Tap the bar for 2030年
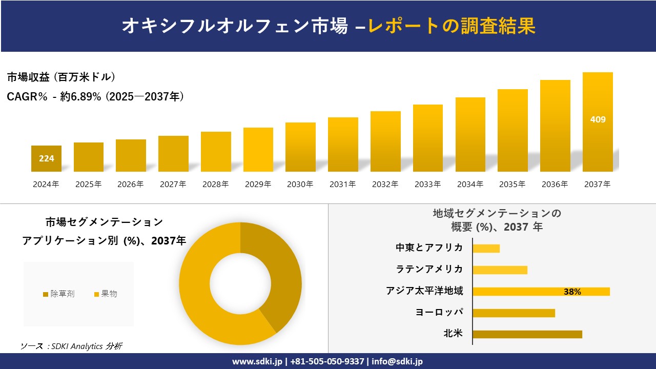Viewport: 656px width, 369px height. pos(300,147)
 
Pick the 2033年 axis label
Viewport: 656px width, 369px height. pos(427,184)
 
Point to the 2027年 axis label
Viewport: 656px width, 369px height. pos(173,184)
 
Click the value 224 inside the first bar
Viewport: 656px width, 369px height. pos(46,158)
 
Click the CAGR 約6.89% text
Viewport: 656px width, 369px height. pos(95,96)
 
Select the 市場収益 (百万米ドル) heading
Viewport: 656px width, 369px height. pos(61,77)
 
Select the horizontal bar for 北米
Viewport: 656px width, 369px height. pos(527,334)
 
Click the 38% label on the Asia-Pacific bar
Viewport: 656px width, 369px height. pos(572,292)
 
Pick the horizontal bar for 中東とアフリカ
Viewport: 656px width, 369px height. pos(486,249)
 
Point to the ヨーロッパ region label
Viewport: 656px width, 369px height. pos(439,312)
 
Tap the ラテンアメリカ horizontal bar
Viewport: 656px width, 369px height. pos(500,270)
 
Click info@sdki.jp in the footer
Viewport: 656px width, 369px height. pos(397,361)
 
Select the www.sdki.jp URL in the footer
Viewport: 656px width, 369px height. pos(257,361)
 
